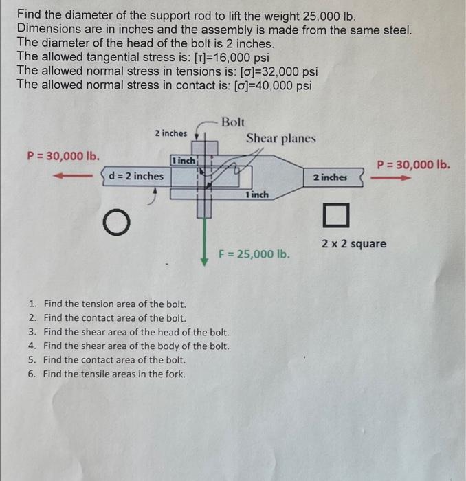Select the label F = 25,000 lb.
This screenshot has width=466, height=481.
(254, 254)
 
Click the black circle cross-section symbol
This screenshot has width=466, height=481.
(116, 224)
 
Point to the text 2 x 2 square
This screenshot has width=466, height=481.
(354, 244)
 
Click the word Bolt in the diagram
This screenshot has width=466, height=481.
(233, 122)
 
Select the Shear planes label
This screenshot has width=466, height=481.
(281, 138)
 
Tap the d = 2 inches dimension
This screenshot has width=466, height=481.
(136, 177)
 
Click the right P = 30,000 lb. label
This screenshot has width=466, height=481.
(414, 164)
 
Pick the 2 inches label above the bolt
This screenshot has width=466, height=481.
(170, 133)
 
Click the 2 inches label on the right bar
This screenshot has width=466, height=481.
(331, 177)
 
